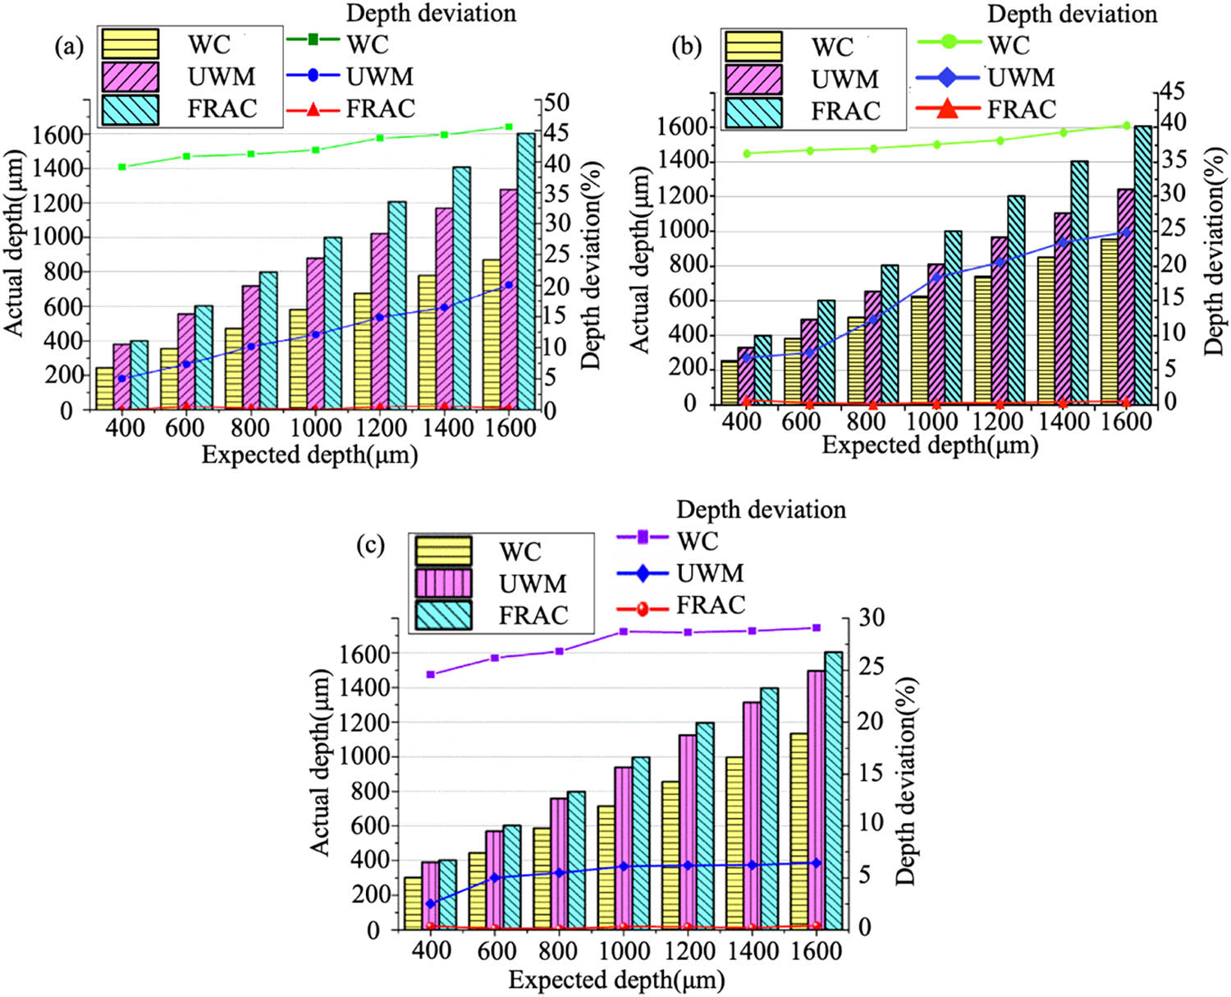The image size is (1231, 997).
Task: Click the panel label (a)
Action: tap(69, 47)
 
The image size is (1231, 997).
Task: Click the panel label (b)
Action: tap(686, 47)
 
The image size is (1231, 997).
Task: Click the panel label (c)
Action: tap(369, 544)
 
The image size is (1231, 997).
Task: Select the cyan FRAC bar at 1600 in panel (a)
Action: tap(526, 271)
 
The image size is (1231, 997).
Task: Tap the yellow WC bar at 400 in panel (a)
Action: tap(104, 388)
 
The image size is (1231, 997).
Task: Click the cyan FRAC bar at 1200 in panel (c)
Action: tap(704, 826)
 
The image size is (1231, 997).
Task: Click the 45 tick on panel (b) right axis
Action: tap(1172, 92)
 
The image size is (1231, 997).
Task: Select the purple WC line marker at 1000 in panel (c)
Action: tap(624, 632)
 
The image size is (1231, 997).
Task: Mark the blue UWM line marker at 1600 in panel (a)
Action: tap(509, 285)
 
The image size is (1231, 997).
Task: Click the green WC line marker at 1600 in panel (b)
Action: tap(1126, 126)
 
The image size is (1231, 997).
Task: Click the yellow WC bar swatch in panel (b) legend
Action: tap(753, 47)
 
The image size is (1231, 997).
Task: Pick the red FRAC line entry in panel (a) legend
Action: tap(313, 109)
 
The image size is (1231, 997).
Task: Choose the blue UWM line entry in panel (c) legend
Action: tap(643, 572)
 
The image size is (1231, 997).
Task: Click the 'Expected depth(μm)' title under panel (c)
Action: tap(616, 980)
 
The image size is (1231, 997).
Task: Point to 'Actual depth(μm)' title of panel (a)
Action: tap(14, 243)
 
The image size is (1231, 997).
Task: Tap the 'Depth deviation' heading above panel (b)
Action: tap(1072, 14)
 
